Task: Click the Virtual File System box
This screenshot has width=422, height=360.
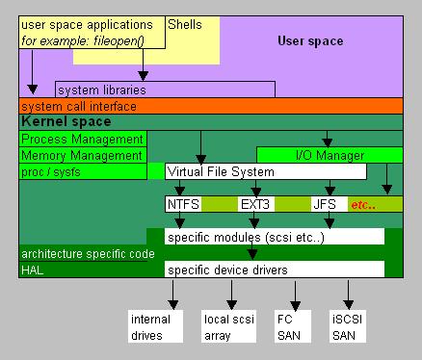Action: point(266,171)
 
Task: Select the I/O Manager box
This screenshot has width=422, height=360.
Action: point(328,155)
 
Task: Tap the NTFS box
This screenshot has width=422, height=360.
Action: point(183,204)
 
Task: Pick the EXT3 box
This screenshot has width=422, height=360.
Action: point(255,204)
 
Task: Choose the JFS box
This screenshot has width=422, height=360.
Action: point(325,204)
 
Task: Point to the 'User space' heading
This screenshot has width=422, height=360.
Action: point(310,40)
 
